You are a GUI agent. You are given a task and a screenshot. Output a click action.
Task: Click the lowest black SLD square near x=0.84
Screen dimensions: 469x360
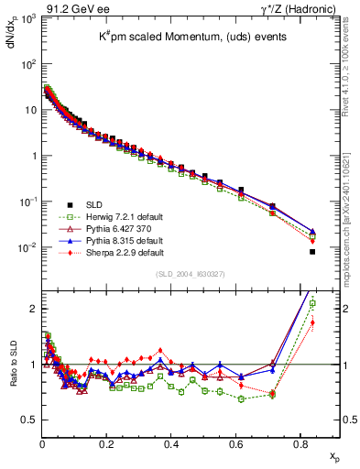312,252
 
